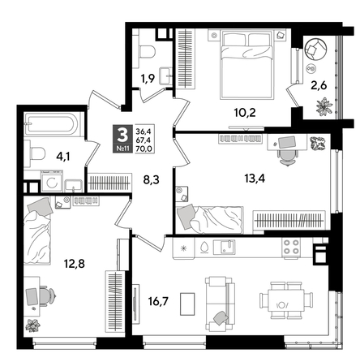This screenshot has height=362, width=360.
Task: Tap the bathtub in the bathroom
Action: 49,126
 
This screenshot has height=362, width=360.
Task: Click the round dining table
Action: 288,306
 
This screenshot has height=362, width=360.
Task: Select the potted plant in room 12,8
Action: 34,327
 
